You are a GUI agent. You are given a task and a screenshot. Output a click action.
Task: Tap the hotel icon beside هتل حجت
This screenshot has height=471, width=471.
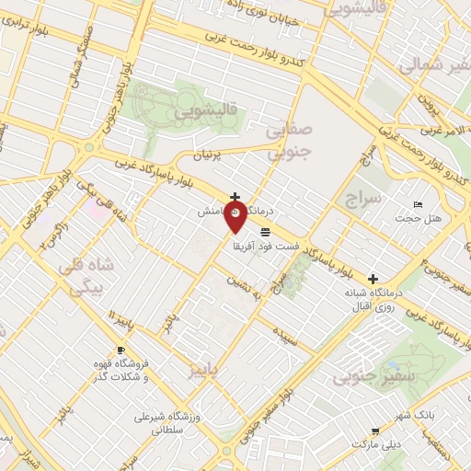coord(419,204)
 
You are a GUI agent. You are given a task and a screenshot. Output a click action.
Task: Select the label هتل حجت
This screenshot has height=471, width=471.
coord(419,219)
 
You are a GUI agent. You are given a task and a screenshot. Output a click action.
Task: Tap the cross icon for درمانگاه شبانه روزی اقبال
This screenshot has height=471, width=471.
coord(373,278)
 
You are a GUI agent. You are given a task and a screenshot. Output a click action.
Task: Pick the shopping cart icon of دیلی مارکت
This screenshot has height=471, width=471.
coord(375,431)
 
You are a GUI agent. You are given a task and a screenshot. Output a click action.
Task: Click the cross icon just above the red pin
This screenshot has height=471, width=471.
coord(236,197)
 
